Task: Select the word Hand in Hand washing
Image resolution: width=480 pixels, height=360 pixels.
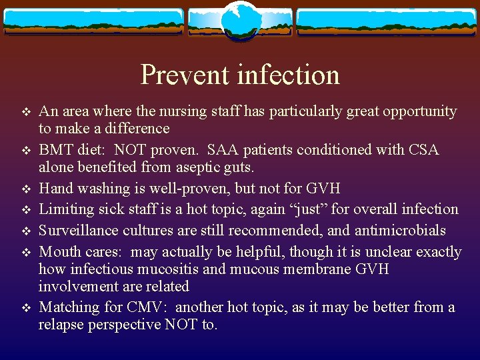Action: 55,188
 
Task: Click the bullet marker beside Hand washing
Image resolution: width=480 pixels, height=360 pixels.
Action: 26,189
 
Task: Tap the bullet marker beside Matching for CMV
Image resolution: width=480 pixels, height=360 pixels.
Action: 26,308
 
